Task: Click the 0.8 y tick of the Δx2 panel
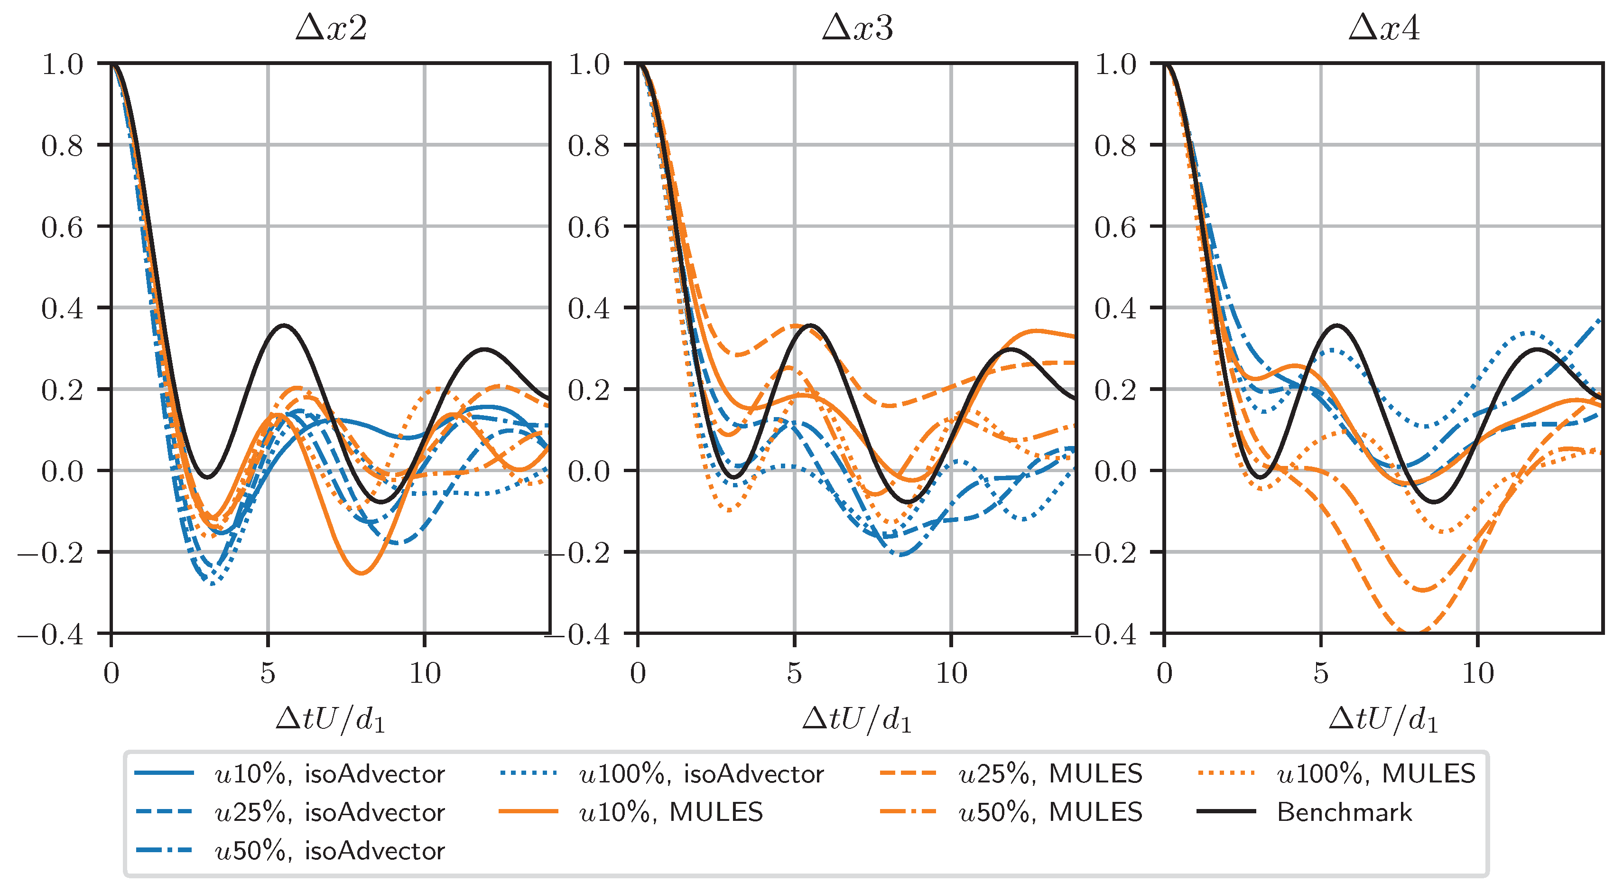(x=62, y=146)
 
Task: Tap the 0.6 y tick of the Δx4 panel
(x=1115, y=227)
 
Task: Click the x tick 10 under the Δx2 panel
(x=425, y=674)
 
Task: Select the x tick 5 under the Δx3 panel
(x=795, y=674)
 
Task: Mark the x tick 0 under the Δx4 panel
(x=1164, y=674)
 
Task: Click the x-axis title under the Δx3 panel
(x=857, y=719)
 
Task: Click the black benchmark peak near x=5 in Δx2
(x=285, y=325)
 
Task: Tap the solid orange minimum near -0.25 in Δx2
(x=361, y=573)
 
